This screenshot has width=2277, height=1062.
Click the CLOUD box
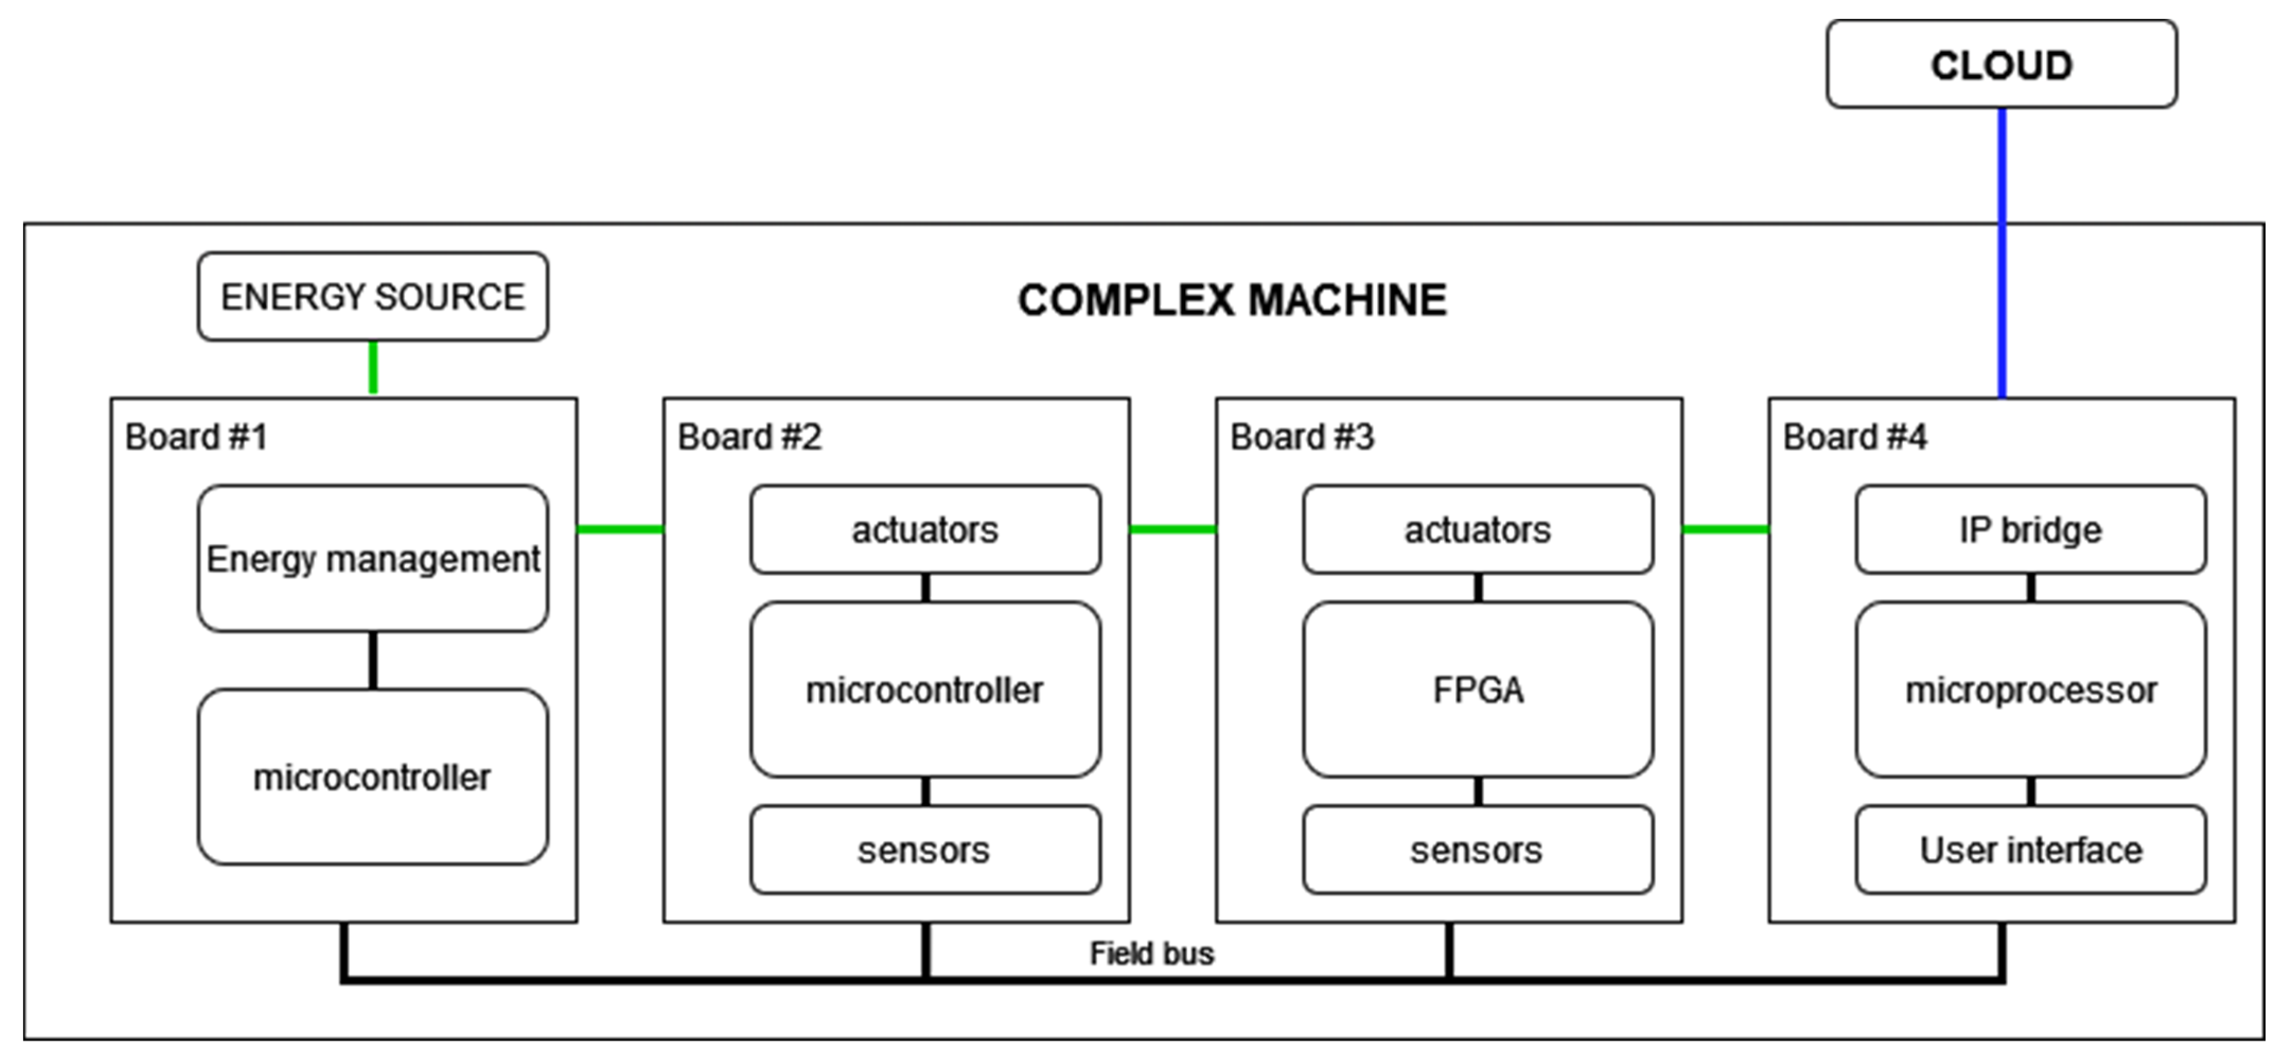pyautogui.click(x=2001, y=65)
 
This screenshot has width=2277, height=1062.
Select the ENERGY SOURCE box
pyautogui.click(x=372, y=297)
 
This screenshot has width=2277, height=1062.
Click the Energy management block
pyautogui.click(x=372, y=558)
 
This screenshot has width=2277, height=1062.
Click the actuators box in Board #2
pyautogui.click(x=924, y=529)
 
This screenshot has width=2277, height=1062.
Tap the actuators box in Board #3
pyautogui.click(x=1477, y=529)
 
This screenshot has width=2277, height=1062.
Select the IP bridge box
pyautogui.click(x=2031, y=529)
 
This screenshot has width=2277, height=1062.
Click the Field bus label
pyautogui.click(x=1151, y=953)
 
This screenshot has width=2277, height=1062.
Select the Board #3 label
pyautogui.click(x=1302, y=436)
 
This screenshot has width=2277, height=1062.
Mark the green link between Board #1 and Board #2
pyautogui.click(x=620, y=529)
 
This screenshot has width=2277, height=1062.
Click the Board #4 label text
pyautogui.click(x=1855, y=436)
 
